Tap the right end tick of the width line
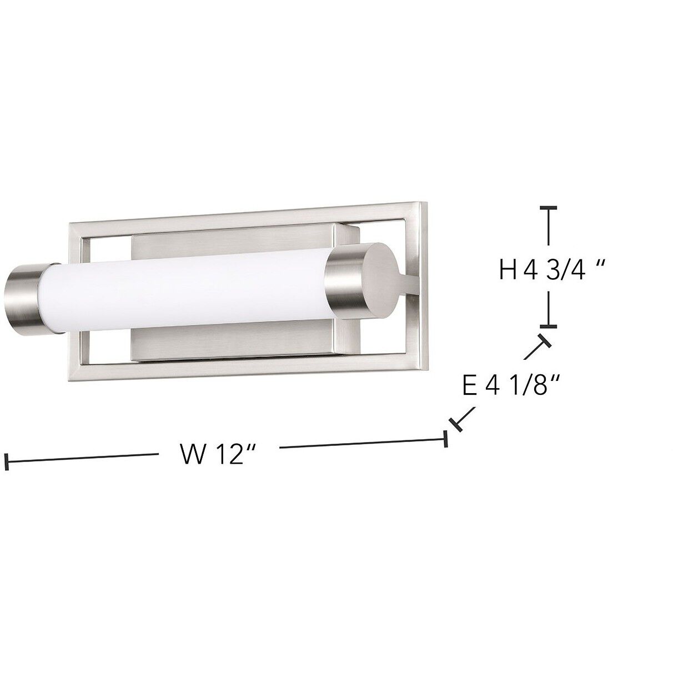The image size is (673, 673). point(445,438)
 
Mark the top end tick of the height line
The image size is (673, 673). point(549,208)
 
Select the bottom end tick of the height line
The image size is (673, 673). point(549,326)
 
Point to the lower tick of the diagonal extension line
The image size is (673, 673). point(456,425)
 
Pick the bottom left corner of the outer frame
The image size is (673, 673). point(72,380)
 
